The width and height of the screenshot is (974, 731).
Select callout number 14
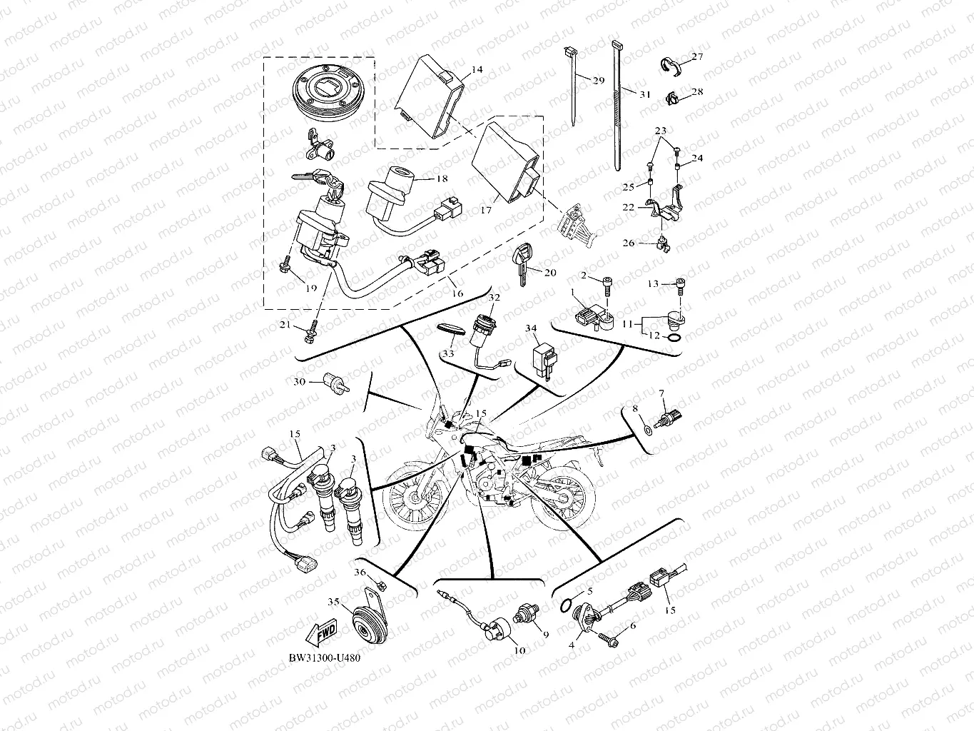[477, 69]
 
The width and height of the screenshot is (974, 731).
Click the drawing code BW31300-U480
[320, 657]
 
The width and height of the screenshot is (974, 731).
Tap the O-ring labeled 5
[566, 605]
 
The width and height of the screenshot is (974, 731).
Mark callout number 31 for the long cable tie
[644, 94]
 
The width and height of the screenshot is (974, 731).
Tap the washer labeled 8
[646, 430]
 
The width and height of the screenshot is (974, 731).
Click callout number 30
[299, 382]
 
